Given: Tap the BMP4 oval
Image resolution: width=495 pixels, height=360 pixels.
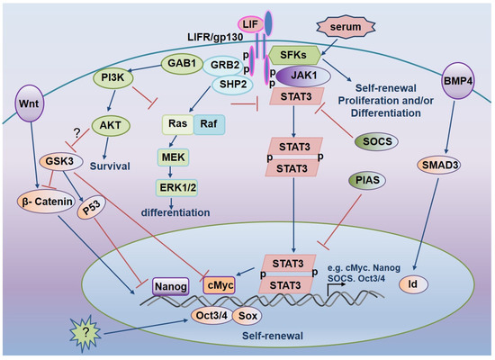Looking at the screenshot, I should pos(459,80).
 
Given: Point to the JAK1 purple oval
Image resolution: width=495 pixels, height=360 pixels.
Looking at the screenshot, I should pos(308,77).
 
